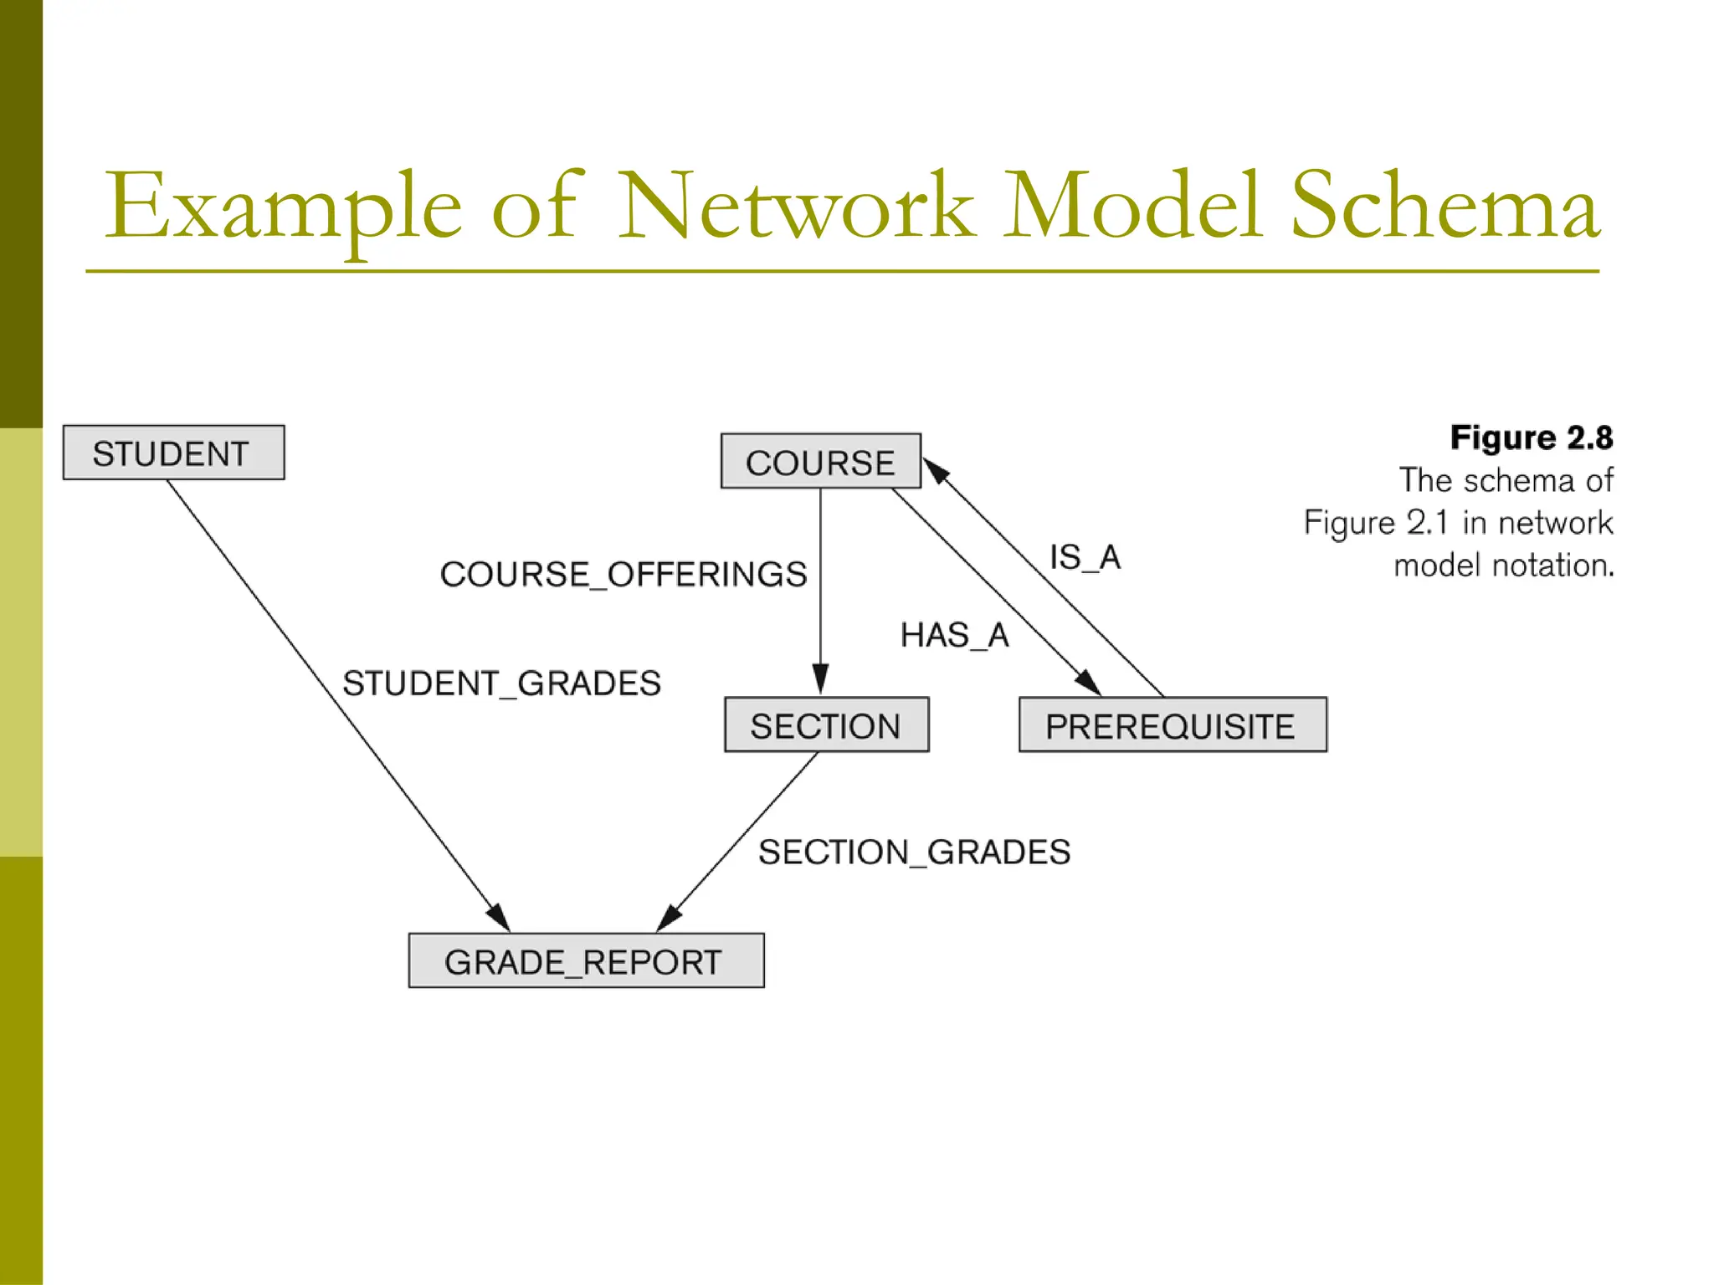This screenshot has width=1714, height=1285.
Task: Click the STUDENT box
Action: coord(173,453)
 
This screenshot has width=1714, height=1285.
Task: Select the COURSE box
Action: coord(820,461)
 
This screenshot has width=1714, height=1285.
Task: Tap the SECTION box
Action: coord(826,724)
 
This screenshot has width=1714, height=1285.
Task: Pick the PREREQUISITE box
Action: coord(1172,724)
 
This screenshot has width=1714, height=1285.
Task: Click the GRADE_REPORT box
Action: coord(585,960)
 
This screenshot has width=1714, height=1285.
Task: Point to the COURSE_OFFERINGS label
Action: coord(624,574)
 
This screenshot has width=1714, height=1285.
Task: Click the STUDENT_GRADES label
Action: coord(501,683)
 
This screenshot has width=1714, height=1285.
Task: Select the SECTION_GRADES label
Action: coord(914,852)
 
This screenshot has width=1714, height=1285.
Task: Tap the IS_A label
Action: coord(1085,556)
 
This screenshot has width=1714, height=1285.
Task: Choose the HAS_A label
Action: coord(954,635)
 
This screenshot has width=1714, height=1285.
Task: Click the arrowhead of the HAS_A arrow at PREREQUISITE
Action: coord(1089,683)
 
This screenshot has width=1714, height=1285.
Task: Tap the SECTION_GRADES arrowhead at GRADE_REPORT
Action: coord(669,918)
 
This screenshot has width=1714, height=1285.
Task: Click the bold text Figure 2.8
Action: coord(1531,438)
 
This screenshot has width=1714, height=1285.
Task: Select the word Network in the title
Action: coord(795,207)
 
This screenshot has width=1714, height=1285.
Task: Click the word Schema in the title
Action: coord(1445,207)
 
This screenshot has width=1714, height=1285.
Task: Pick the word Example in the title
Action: coord(283,207)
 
